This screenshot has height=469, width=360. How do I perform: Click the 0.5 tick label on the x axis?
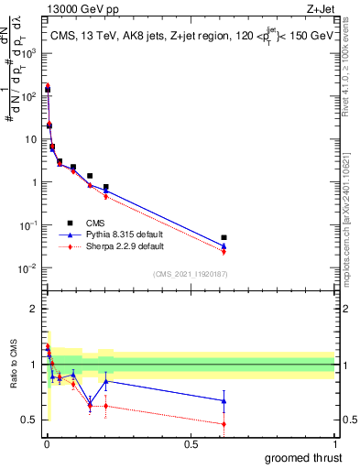click(191, 442)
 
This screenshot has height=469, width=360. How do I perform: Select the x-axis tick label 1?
click(335, 442)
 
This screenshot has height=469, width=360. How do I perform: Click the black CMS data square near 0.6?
click(224, 237)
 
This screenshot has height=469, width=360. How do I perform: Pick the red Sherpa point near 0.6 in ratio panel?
click(224, 423)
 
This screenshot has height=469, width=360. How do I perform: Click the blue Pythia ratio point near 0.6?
click(224, 400)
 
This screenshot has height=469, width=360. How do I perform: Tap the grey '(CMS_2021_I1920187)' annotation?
click(191, 273)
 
